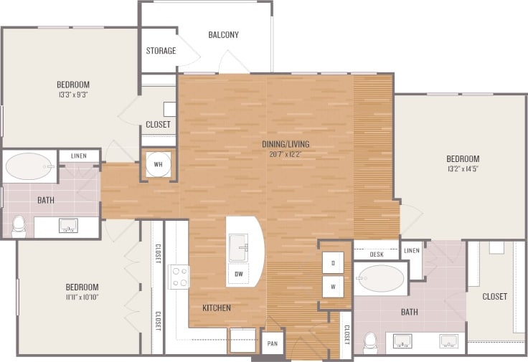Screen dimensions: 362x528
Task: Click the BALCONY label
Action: coord(223,34)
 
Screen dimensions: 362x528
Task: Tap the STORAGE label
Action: coord(161,51)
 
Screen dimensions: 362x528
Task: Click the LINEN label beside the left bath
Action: coord(79,156)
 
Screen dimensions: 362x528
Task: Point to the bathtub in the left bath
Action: coord(29,168)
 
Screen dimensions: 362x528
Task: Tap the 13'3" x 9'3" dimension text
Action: coord(73,94)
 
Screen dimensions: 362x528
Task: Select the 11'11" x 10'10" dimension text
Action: coord(80,297)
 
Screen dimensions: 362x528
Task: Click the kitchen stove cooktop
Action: coord(179,276)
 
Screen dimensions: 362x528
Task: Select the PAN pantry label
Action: coord(273,343)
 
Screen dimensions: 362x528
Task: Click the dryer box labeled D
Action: coord(332,263)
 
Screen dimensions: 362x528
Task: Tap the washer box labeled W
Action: coord(332,287)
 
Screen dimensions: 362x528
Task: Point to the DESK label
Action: coord(376,254)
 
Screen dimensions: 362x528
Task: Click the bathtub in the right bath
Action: coord(380,279)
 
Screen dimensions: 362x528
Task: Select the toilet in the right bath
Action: coord(371,342)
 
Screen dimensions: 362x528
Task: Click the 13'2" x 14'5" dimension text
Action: coord(462,170)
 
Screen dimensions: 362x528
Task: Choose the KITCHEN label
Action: coord(216,308)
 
